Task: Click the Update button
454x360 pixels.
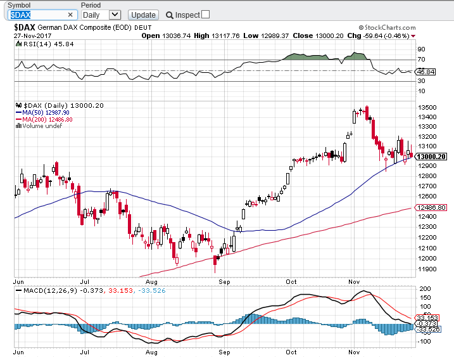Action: point(142,15)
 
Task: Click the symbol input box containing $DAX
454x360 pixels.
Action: point(39,15)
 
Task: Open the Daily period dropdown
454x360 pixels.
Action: point(101,15)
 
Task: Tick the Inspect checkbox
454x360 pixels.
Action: point(205,15)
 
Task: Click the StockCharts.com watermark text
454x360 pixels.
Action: point(389,28)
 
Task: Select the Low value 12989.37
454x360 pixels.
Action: point(274,35)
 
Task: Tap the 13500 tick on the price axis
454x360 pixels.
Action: point(426,107)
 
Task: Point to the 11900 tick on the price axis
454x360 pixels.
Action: point(426,269)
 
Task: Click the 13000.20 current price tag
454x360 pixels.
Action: point(433,157)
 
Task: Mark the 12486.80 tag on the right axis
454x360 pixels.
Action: point(433,208)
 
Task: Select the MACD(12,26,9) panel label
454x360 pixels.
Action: point(49,290)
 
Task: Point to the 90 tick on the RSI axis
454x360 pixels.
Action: point(421,49)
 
